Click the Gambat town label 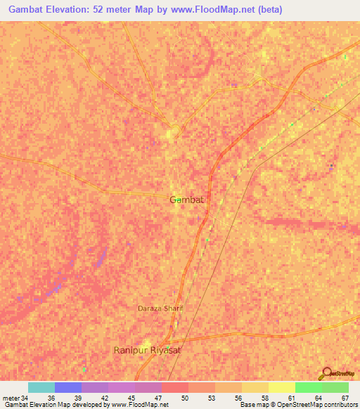point(187,200)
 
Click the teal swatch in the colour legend point(41,387)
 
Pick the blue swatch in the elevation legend point(67,387)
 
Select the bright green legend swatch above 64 point(308,387)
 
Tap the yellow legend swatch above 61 point(281,387)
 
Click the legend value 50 point(184,397)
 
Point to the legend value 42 point(104,397)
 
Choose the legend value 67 point(345,397)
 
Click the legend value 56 point(238,397)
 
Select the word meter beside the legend point(10,397)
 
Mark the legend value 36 point(51,397)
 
